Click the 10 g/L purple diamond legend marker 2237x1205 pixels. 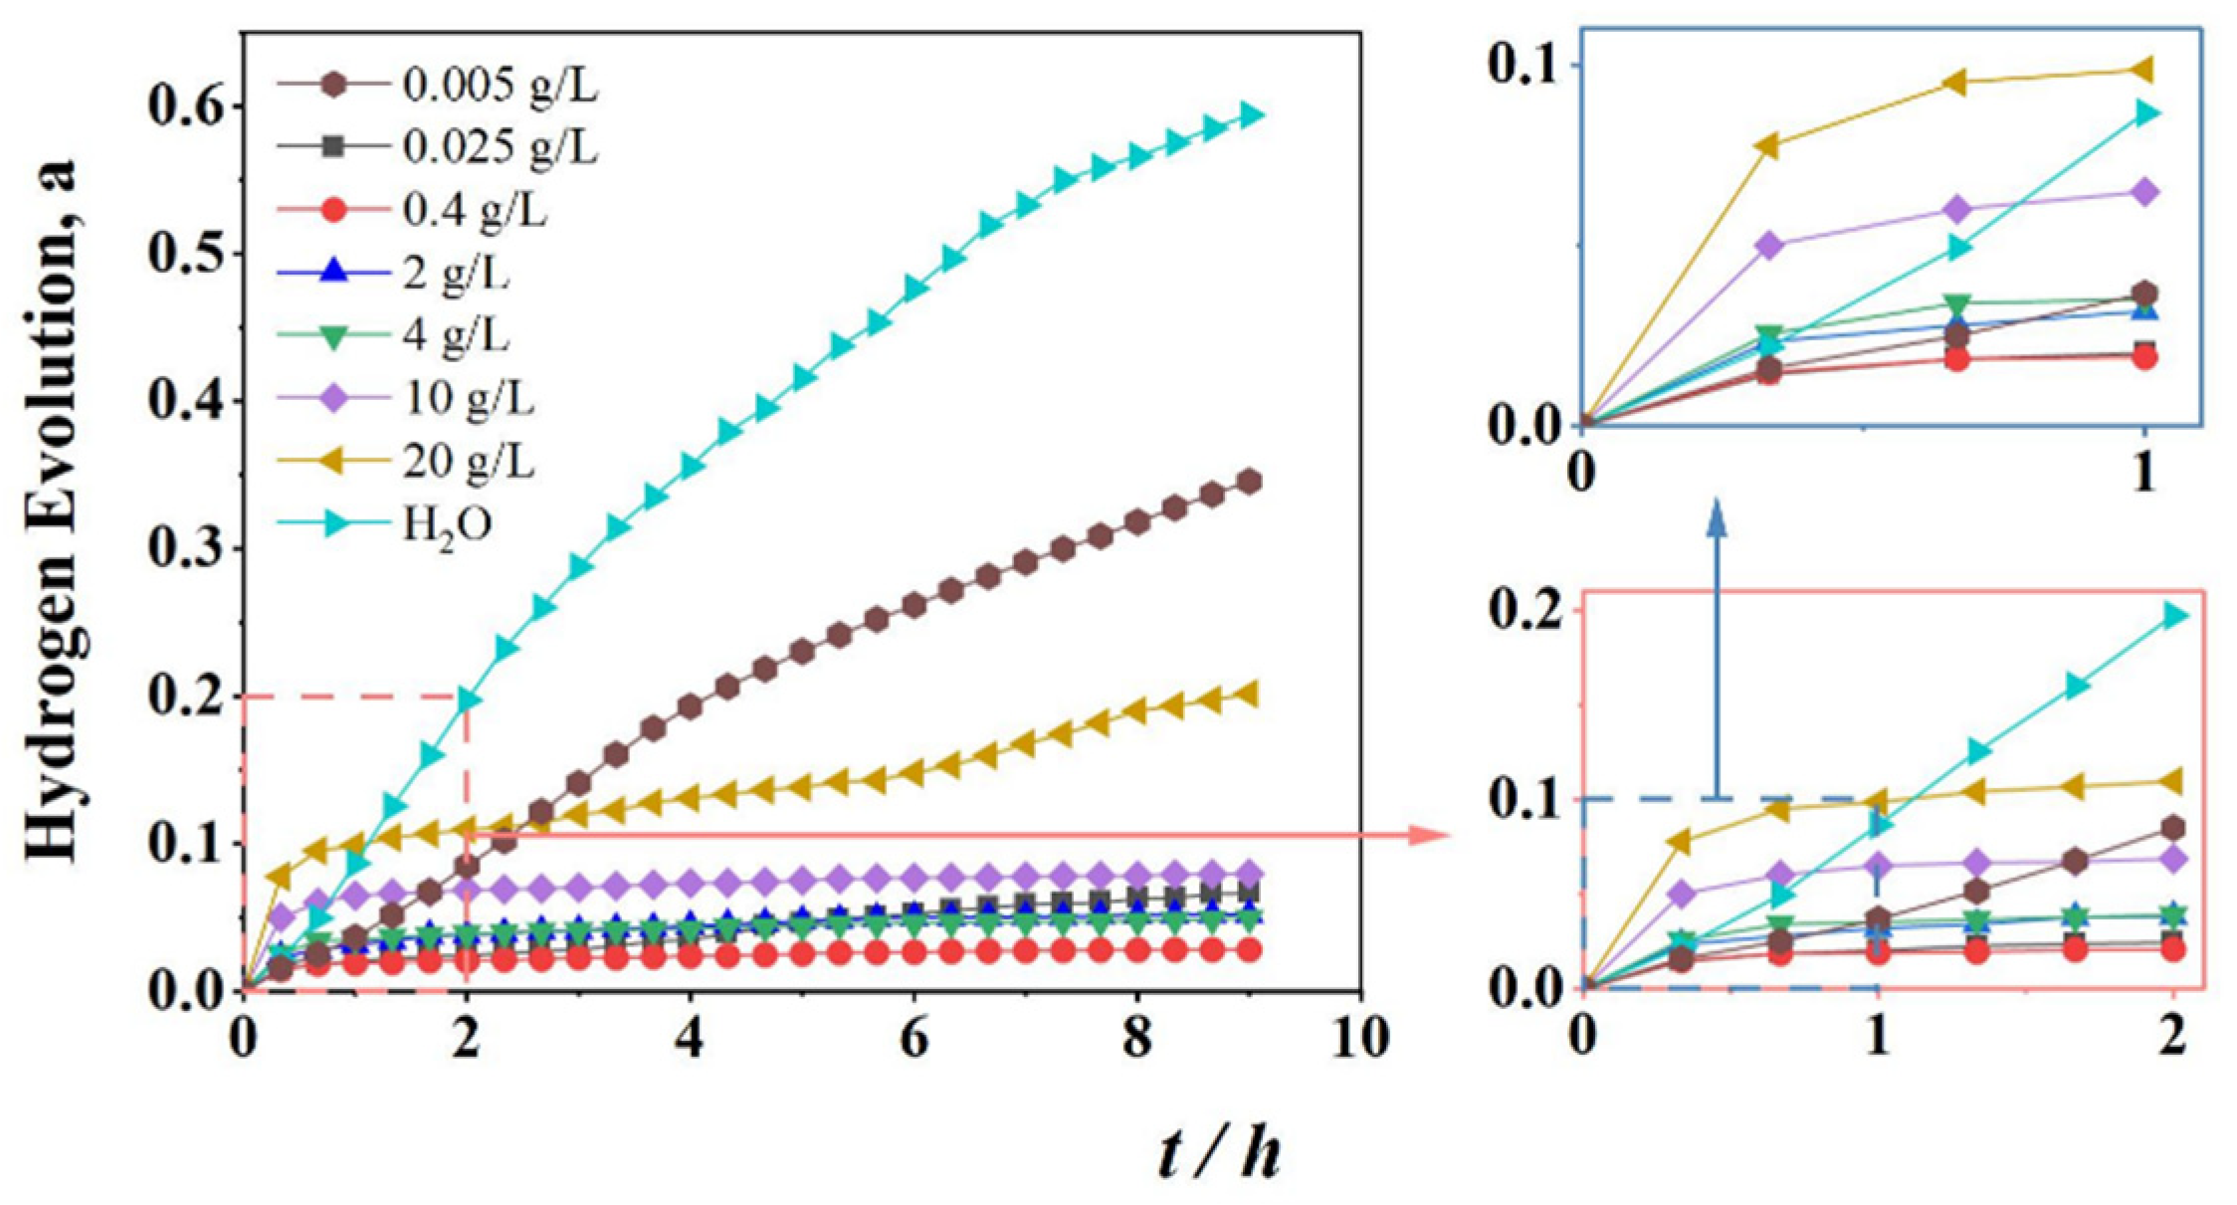point(336,399)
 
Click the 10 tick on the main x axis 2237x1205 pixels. point(1359,1039)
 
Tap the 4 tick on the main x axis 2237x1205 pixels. point(690,1039)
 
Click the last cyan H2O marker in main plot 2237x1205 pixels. point(1250,115)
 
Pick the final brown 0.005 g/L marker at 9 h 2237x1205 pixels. point(1250,483)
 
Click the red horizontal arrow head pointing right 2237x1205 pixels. point(1431,834)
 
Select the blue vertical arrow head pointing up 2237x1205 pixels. point(1717,517)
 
